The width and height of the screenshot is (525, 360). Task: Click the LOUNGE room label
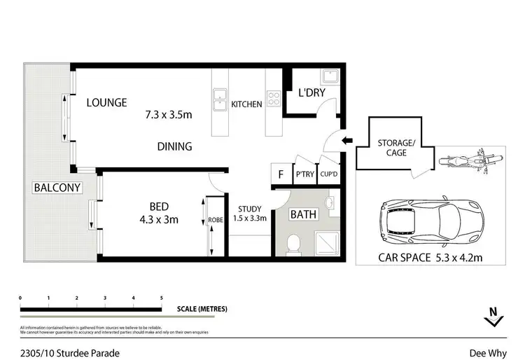click(x=106, y=103)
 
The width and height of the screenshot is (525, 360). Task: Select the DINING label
click(x=174, y=146)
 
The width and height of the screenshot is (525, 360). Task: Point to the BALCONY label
click(x=57, y=188)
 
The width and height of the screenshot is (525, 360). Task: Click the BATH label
click(x=304, y=214)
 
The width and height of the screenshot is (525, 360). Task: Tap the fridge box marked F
click(x=281, y=174)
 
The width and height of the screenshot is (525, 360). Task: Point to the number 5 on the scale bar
click(x=162, y=298)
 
